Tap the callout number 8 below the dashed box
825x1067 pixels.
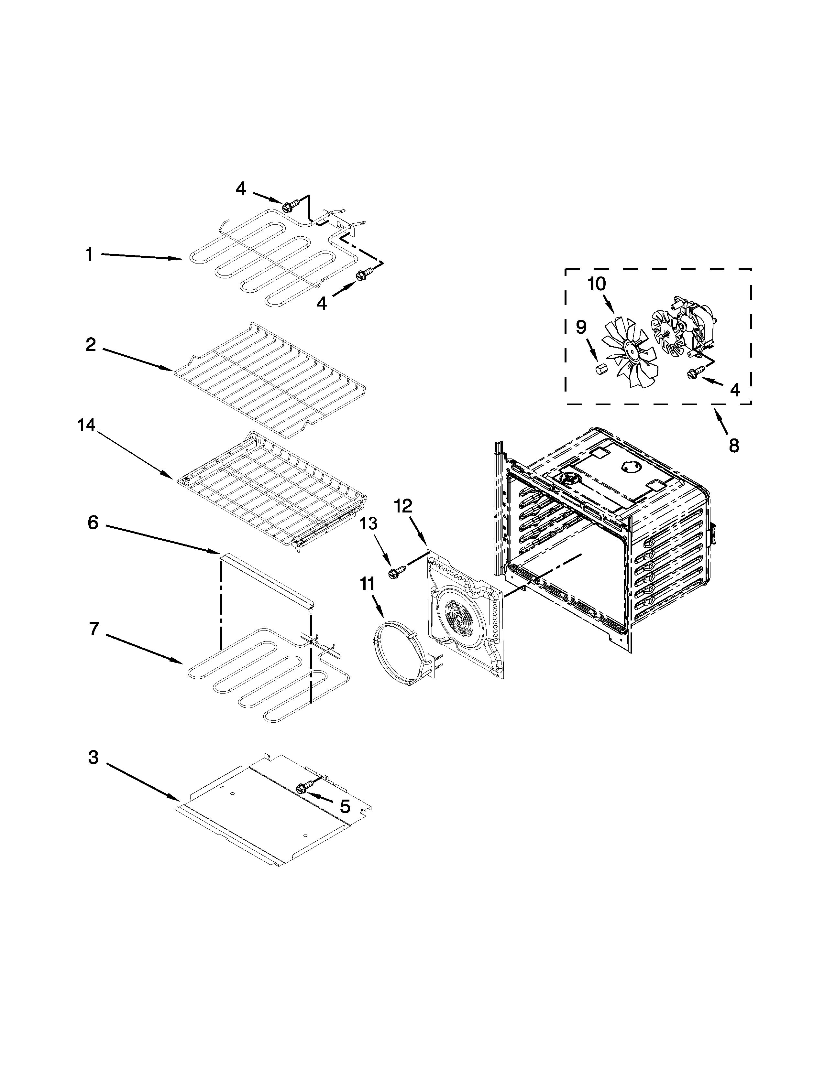tap(734, 446)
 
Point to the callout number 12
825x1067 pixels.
tap(403, 506)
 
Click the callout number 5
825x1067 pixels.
tap(345, 807)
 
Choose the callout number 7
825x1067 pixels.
tap(94, 629)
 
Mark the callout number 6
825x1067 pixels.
tap(93, 523)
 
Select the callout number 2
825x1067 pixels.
tap(90, 345)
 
